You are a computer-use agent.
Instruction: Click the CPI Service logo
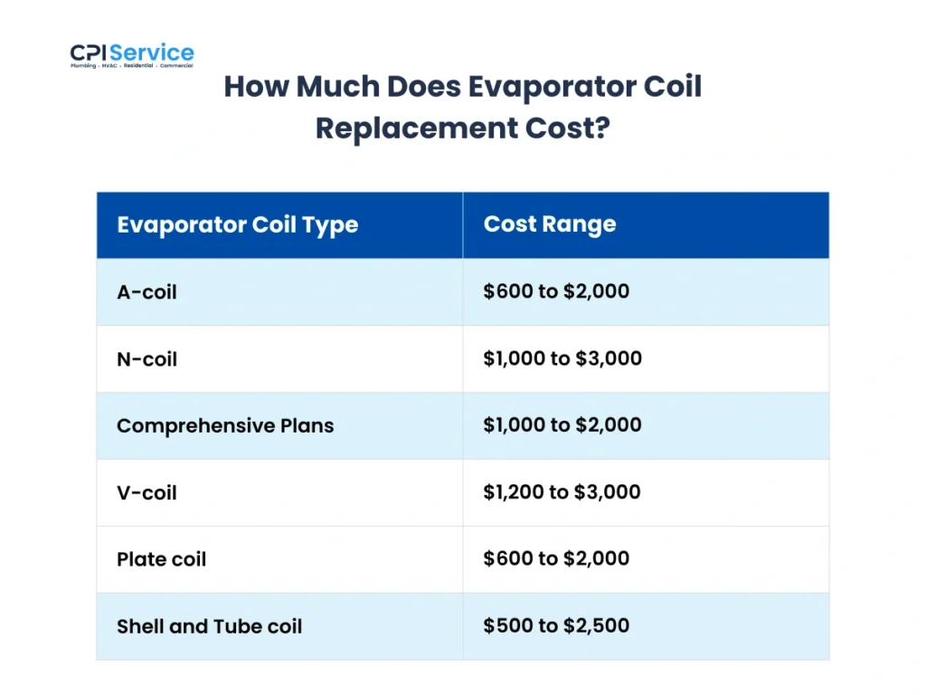pos(132,55)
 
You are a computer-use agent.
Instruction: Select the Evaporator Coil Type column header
pos(237,225)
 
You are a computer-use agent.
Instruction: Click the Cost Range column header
pos(550,224)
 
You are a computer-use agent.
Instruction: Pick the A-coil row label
pos(146,292)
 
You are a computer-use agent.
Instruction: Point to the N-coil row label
pos(146,359)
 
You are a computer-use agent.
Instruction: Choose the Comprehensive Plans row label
pos(225,425)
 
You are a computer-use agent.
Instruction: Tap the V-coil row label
pos(146,493)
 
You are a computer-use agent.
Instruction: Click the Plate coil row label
pos(161,559)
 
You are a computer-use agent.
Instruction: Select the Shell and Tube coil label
pos(209,626)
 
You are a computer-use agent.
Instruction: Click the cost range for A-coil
pos(556,291)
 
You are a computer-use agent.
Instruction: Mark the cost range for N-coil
pos(562,358)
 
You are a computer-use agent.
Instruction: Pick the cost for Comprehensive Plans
pos(562,425)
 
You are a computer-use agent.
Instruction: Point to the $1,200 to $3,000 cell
pos(562,492)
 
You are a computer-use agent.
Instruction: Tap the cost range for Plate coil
pos(556,558)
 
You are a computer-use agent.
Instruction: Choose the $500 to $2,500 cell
pos(556,625)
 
